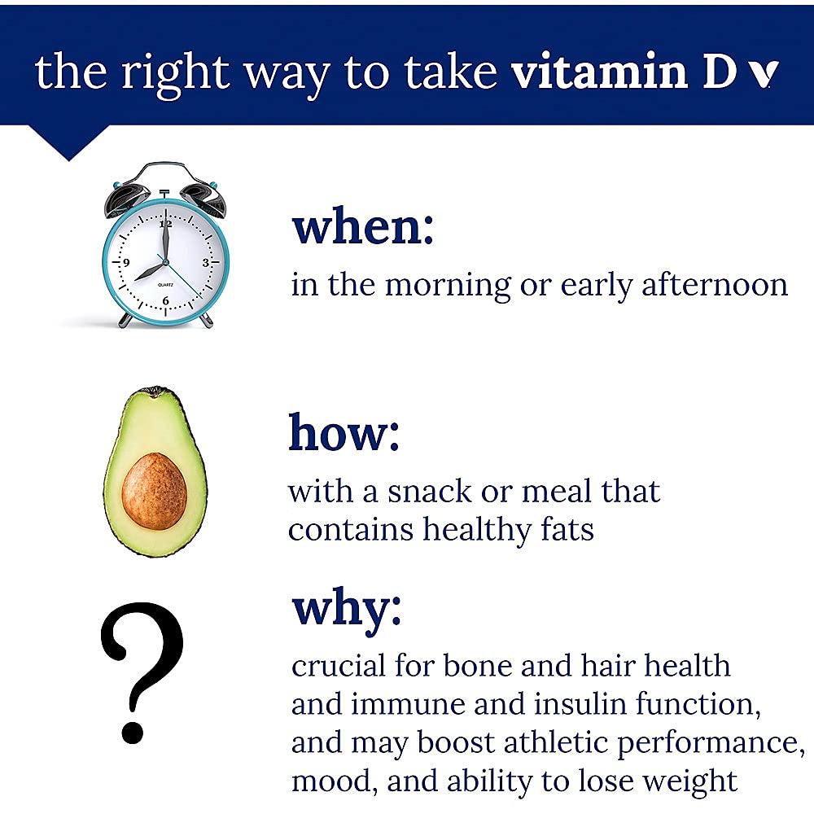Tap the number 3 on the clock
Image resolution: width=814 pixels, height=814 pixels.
[x=206, y=263]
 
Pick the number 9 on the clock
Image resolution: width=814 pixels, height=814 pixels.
[x=126, y=263]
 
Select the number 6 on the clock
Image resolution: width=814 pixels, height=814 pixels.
[x=166, y=301]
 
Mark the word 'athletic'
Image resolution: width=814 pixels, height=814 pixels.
[x=554, y=742]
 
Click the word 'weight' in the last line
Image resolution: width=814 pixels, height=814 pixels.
[x=689, y=781]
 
